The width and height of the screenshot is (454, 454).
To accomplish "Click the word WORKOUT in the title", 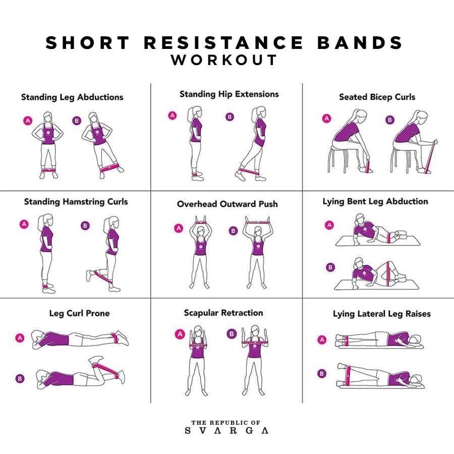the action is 224,60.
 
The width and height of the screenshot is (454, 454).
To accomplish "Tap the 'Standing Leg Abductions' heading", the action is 72,97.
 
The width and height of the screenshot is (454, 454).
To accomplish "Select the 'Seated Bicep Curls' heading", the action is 377,97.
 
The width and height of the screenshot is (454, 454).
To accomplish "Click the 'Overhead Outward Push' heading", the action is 228,204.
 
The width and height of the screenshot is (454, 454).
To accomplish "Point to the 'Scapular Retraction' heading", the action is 223,313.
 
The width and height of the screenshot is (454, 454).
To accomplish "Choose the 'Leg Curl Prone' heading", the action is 79,313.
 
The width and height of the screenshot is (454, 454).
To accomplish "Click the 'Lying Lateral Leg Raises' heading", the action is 382,314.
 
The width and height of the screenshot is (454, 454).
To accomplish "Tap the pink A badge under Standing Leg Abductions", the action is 28,121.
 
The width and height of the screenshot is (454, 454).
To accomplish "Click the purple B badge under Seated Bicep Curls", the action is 390,120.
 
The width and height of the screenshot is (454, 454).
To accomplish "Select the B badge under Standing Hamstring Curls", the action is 85,225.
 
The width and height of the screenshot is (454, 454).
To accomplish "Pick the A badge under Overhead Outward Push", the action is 179,228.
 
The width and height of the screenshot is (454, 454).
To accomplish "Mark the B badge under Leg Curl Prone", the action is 20,378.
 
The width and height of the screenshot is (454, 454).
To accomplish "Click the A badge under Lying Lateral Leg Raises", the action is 322,339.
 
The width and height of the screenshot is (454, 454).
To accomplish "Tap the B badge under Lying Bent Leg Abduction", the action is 330,267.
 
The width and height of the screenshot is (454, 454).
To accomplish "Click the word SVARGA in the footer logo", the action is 226,431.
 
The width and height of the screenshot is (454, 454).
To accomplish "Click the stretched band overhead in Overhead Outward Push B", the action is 257,222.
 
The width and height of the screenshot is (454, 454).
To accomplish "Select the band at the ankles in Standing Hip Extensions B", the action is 249,172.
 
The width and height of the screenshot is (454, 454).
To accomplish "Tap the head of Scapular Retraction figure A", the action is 198,330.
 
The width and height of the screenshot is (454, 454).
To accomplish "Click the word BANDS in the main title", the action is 360,42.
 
